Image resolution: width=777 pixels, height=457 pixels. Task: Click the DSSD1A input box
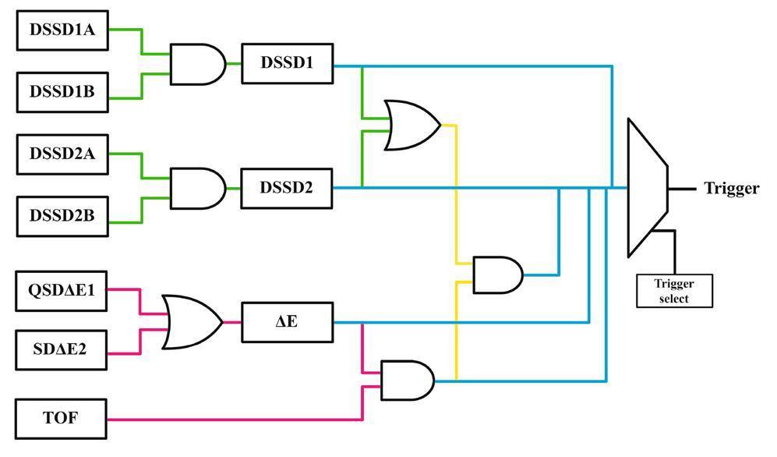(x=62, y=30)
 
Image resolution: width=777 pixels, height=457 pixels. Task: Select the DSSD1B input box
(x=62, y=91)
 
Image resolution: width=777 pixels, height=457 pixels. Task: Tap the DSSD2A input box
(x=62, y=153)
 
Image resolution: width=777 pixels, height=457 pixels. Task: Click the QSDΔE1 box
(x=62, y=290)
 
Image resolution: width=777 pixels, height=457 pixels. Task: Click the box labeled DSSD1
(x=287, y=63)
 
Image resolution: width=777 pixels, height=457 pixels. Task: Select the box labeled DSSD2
(x=287, y=187)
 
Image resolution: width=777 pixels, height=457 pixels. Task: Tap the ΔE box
(x=287, y=322)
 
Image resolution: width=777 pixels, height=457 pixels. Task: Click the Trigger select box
(x=674, y=290)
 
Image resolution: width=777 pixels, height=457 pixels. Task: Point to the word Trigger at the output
(x=731, y=188)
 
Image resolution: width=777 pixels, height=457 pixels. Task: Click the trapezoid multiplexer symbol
(x=648, y=187)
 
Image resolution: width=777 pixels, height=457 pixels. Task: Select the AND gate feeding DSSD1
(x=197, y=64)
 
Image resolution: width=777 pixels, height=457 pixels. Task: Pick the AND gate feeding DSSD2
(x=197, y=187)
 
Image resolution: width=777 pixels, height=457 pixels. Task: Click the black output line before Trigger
(x=683, y=188)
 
